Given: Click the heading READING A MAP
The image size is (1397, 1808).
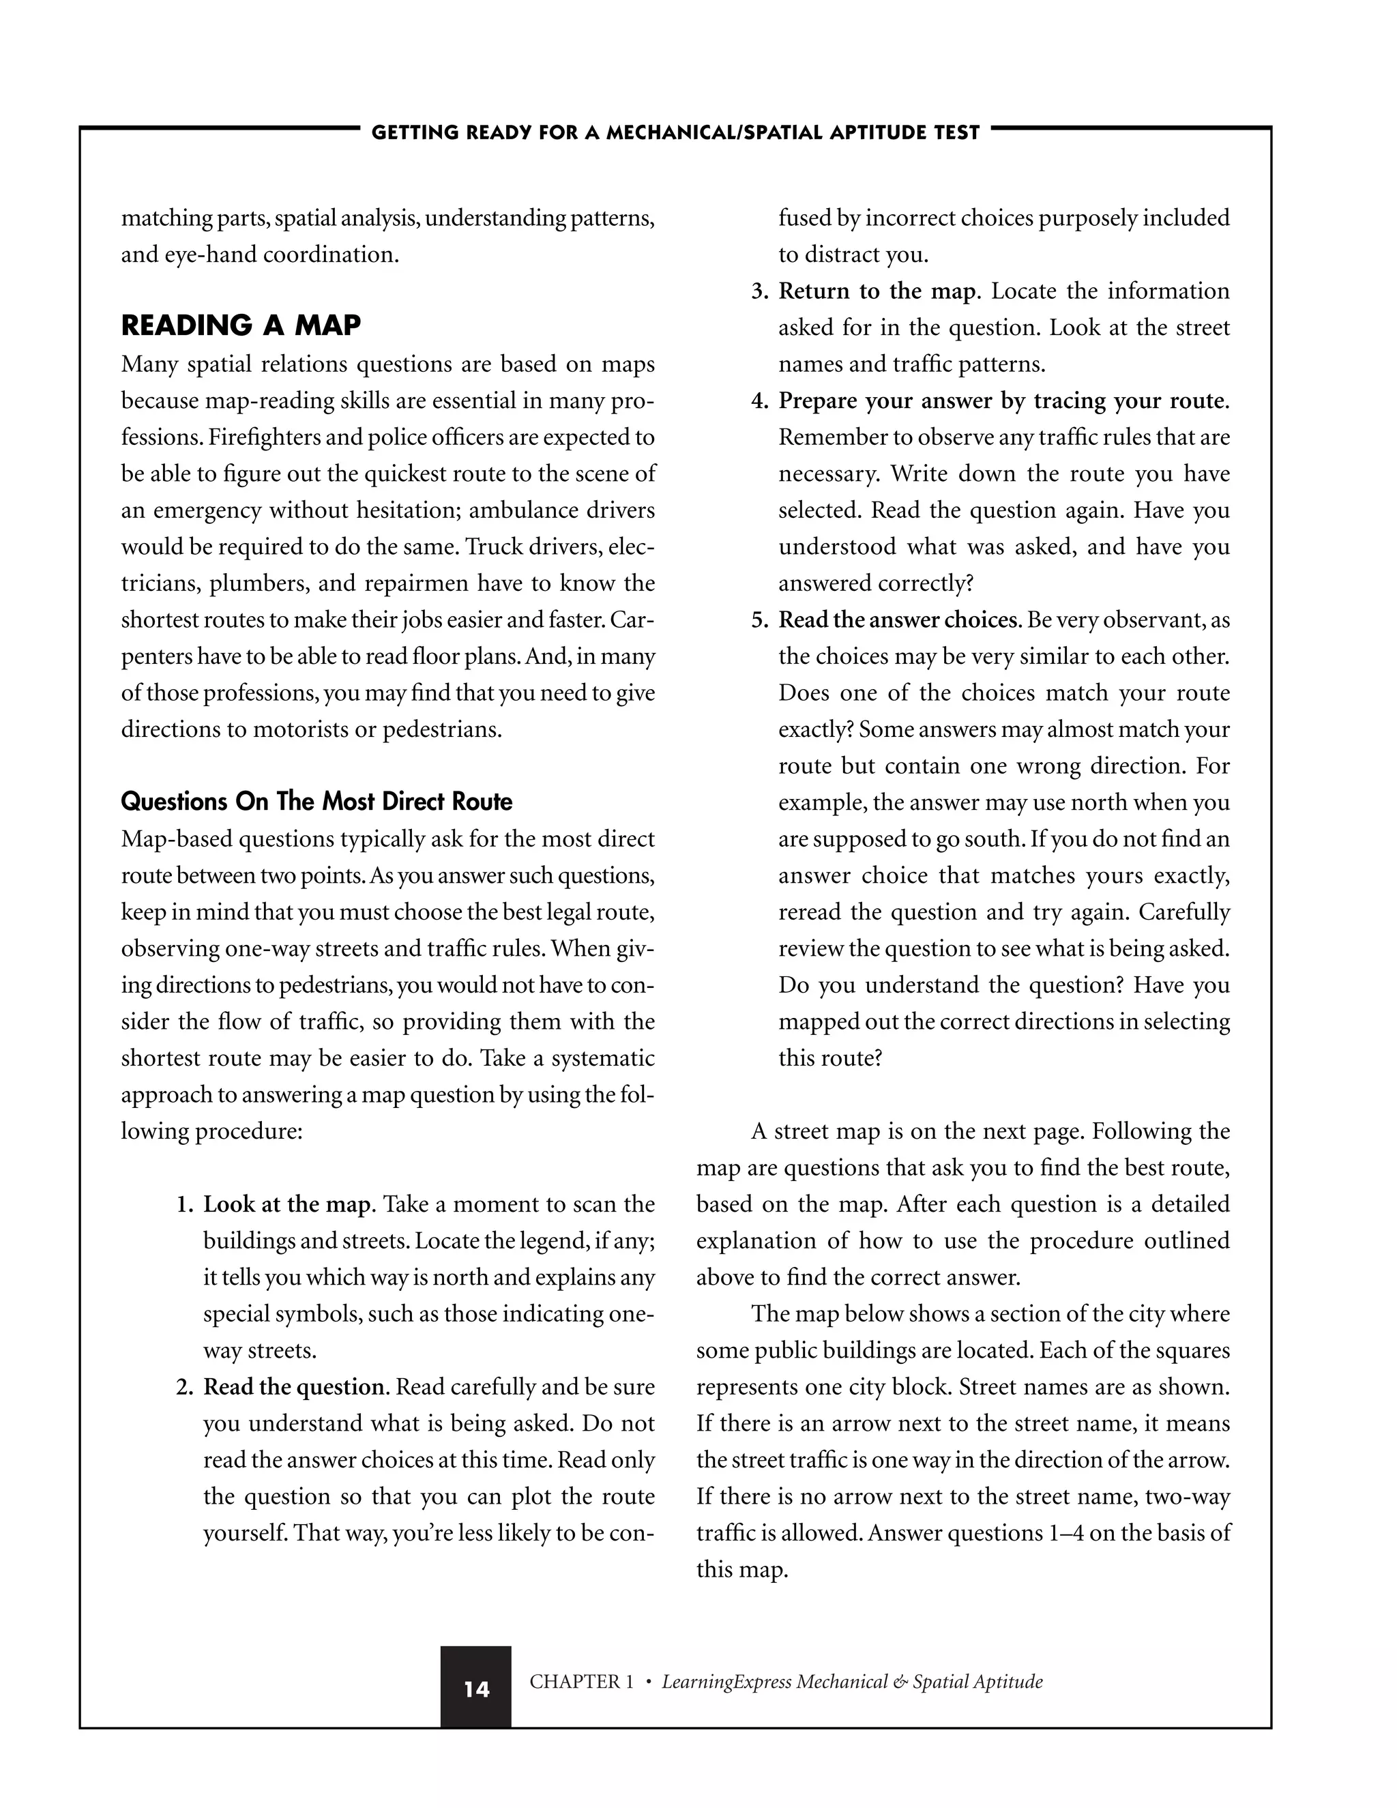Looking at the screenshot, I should [x=241, y=325].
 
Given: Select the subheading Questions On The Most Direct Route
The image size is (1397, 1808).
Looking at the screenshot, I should [x=316, y=802].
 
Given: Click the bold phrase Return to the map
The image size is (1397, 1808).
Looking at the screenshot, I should [x=877, y=291].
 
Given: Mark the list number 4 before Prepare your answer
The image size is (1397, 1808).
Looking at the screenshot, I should [x=759, y=401].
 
